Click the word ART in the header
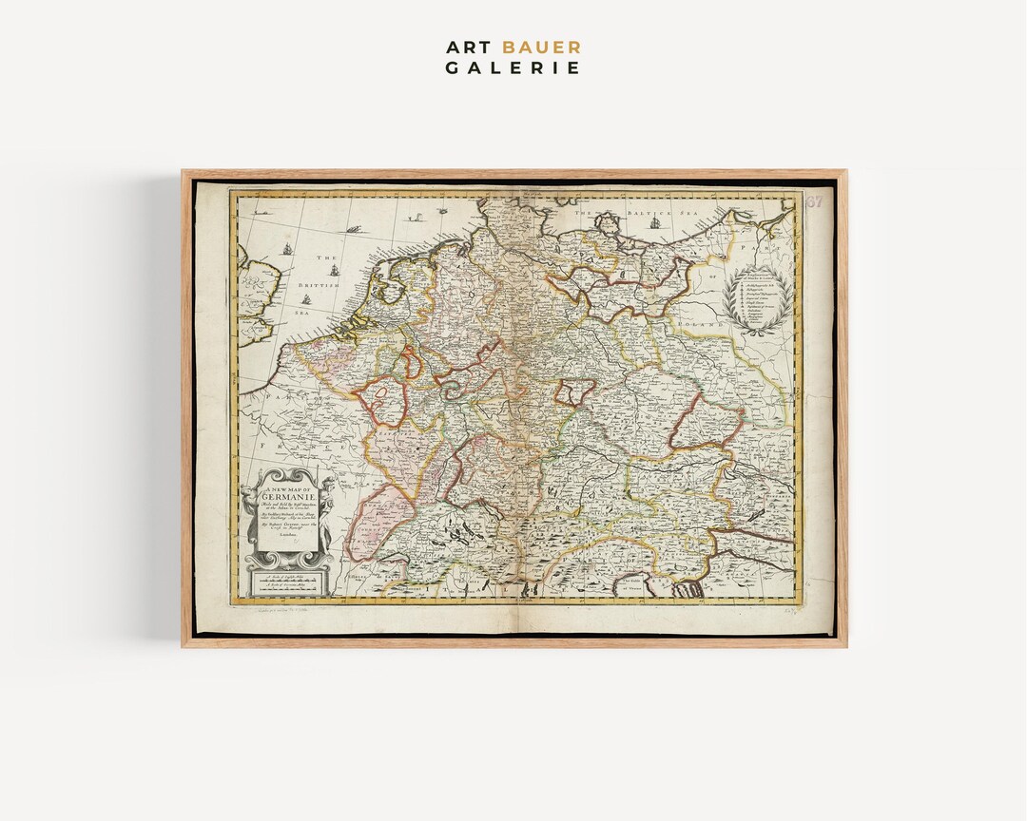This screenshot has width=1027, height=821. click(467, 48)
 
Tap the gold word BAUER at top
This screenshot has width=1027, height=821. click(542, 48)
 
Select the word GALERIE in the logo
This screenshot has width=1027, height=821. click(513, 67)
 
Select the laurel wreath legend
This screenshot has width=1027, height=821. click(759, 299)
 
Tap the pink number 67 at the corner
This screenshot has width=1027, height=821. click(814, 201)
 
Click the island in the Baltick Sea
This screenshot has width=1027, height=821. click(607, 223)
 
